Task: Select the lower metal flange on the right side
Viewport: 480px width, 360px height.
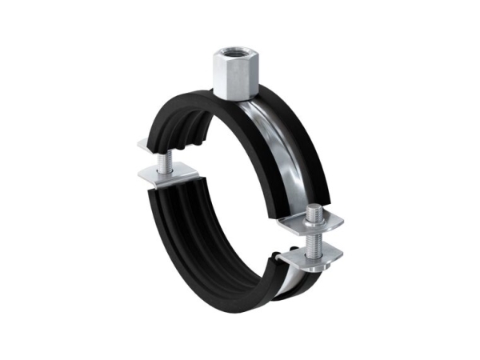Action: pyautogui.click(x=312, y=254)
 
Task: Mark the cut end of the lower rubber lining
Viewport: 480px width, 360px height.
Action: pyautogui.click(x=160, y=192)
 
